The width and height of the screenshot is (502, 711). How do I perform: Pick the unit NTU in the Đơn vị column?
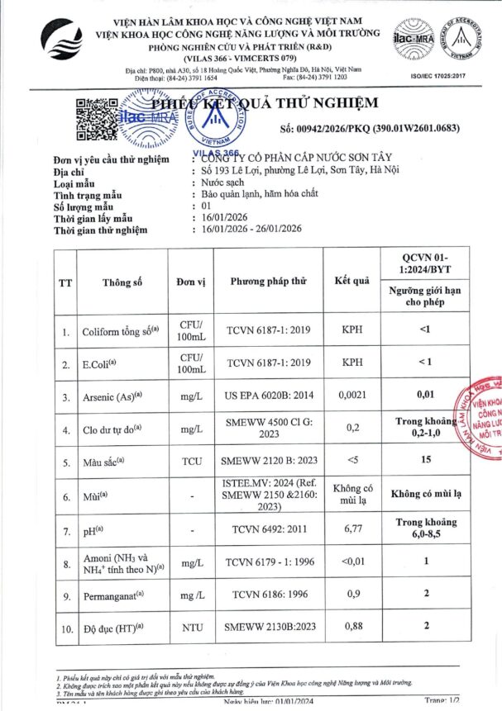tap(192, 627)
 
